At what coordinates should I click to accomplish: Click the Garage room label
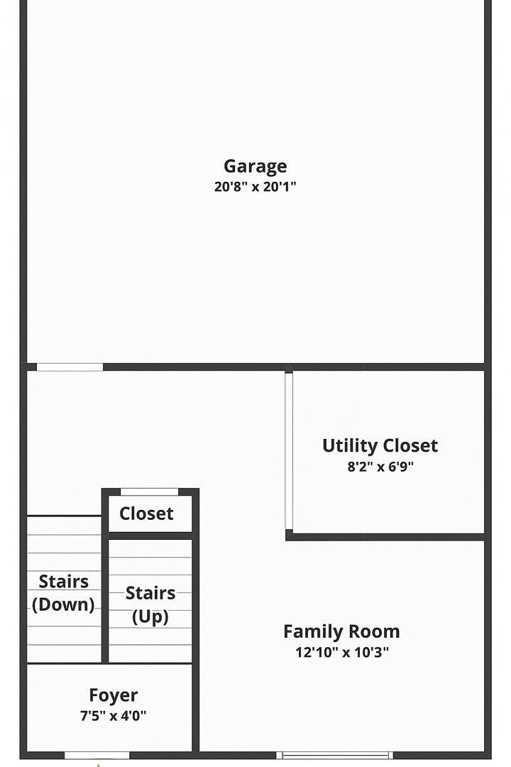click(x=255, y=166)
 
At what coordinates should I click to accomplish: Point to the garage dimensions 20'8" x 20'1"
click(x=255, y=187)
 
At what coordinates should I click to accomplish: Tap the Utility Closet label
click(x=380, y=446)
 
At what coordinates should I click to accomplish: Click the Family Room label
click(x=341, y=631)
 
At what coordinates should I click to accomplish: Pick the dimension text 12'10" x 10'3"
click(x=341, y=653)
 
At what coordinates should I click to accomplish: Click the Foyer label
click(x=114, y=695)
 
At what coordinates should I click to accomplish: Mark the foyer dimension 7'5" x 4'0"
click(x=114, y=716)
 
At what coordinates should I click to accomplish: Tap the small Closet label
click(x=146, y=513)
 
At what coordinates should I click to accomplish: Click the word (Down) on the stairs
click(x=63, y=605)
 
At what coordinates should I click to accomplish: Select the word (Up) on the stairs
click(x=150, y=617)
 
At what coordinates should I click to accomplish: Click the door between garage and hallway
click(x=70, y=367)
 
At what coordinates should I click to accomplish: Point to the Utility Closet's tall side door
click(x=289, y=450)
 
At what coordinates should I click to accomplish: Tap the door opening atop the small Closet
click(x=149, y=491)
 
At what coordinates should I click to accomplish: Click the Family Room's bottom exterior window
click(x=334, y=755)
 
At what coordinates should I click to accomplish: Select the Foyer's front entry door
click(x=97, y=755)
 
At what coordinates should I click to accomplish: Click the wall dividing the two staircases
click(x=105, y=589)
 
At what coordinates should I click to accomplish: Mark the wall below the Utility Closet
click(x=387, y=537)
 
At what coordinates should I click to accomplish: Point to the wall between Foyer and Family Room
click(x=196, y=707)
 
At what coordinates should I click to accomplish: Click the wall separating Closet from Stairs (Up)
click(x=150, y=535)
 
